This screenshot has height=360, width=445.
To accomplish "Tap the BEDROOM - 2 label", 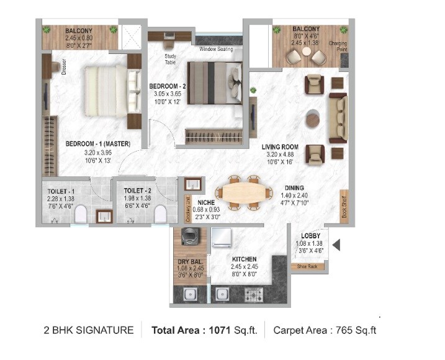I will point(166,85).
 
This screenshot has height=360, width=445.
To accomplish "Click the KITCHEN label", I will point(245,259).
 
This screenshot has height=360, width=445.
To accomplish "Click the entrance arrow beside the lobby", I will point(336,246).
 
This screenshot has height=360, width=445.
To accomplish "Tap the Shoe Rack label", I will point(307,266).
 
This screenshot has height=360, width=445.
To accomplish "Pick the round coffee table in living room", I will point(315,117).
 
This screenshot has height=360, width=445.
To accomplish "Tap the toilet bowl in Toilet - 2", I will point(160,214).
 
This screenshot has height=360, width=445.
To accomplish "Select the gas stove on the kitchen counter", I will point(255,294).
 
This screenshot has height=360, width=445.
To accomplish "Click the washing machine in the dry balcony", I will point(189,237).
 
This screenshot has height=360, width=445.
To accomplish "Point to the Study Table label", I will point(171,58).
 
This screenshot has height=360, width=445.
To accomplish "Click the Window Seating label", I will point(216,49).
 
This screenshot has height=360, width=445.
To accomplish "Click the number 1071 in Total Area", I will point(222,330).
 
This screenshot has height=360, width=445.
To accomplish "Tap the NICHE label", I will point(207,202).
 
